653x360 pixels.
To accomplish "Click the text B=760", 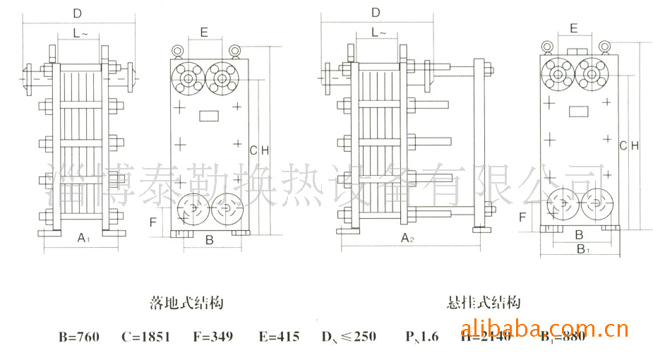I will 79,337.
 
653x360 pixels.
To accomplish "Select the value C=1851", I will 145,337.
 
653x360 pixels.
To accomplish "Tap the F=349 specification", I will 212,337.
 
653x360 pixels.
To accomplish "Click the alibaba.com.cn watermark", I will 544,329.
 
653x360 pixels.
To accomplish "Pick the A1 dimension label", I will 82,239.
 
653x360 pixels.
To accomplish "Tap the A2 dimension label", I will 407,239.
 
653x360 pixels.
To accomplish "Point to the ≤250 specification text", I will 356,337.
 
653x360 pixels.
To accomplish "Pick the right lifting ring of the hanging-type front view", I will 604,47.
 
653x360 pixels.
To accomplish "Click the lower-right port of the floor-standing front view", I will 226,208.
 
